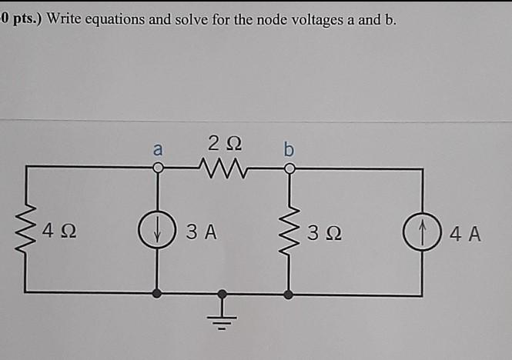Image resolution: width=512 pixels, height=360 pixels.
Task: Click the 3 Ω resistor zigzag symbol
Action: (x=289, y=229)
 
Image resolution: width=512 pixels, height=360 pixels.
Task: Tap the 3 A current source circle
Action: (x=157, y=230)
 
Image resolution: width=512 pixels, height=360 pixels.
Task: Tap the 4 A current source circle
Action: (x=421, y=230)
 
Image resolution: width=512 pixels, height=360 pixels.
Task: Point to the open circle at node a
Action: (x=157, y=166)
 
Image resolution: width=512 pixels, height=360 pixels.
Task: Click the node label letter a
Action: (x=158, y=148)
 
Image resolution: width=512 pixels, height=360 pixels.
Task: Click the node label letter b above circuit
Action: (x=289, y=147)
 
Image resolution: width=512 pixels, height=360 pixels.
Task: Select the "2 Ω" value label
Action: (x=223, y=142)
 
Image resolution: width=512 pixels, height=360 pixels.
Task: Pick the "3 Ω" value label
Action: (x=322, y=231)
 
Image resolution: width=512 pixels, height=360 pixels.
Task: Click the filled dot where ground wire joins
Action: (x=223, y=293)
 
